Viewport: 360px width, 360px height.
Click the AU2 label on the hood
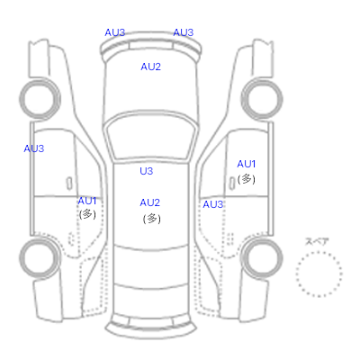[x=150, y=67]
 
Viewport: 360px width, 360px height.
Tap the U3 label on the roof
[x=147, y=171]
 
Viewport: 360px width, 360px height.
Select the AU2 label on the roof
[x=149, y=202]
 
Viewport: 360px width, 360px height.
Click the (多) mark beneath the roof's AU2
[x=152, y=219]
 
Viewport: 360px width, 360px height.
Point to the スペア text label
[x=317, y=241]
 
